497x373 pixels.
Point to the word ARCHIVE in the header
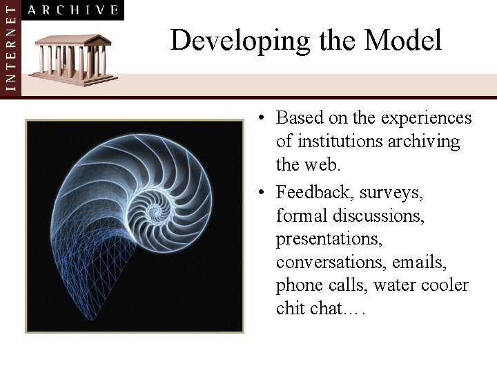(75, 10)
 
